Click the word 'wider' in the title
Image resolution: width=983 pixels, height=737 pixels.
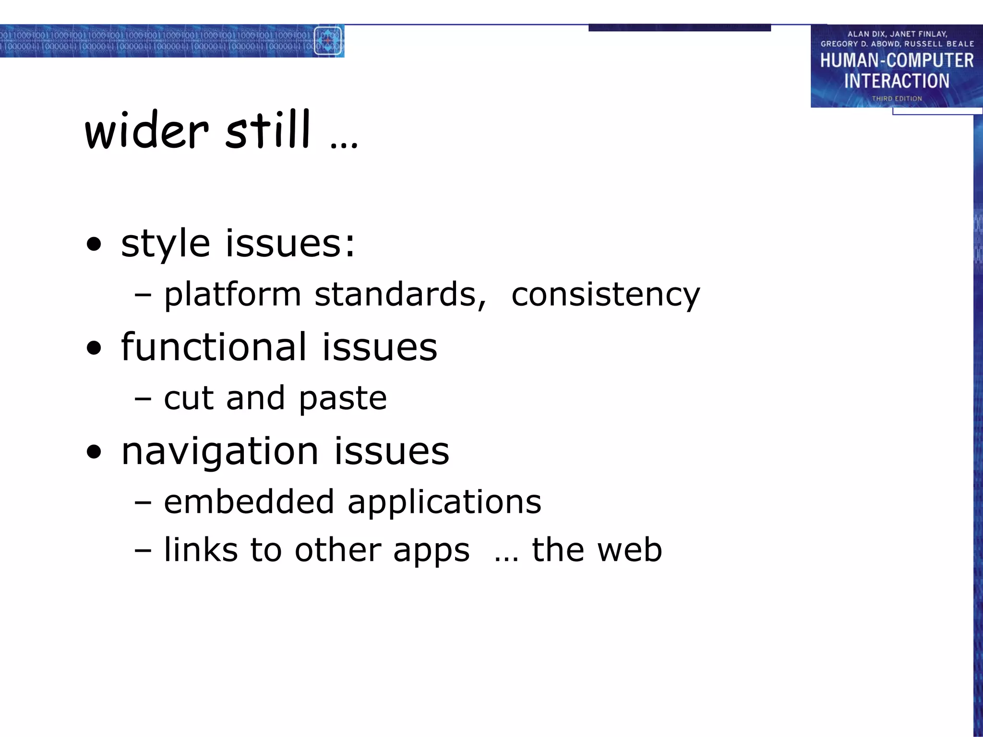tap(146, 131)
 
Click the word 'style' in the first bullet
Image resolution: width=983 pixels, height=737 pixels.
tap(165, 244)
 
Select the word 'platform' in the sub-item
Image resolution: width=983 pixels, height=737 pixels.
tap(232, 295)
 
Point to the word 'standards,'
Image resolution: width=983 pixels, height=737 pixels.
tap(400, 295)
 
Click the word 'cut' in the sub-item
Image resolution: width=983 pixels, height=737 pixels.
tap(188, 398)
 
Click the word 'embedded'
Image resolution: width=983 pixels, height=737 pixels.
tap(249, 502)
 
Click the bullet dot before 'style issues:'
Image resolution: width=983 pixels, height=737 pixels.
tap(95, 245)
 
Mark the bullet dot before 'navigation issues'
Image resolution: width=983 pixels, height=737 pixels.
tap(95, 452)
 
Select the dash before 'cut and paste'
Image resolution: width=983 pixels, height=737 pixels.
tap(143, 398)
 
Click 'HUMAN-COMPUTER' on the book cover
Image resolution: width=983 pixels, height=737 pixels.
tap(896, 60)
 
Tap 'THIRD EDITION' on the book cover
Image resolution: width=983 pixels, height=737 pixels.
tap(897, 98)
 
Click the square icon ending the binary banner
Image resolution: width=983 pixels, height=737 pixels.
tap(328, 41)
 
